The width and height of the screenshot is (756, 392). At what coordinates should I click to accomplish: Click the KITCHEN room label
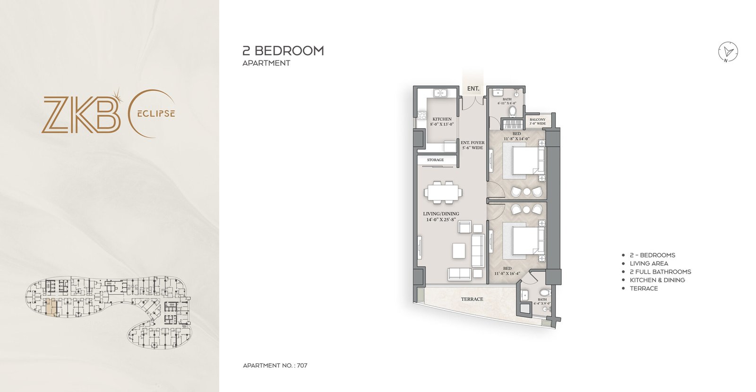coord(442,119)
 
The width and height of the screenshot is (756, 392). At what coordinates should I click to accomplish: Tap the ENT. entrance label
coord(473,88)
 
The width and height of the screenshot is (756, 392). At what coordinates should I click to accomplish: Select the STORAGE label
coord(435,160)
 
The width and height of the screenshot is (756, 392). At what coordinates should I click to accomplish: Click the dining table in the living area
coord(443,192)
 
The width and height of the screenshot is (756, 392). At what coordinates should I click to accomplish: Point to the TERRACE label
coord(472,299)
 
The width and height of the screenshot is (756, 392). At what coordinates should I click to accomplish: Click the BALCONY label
coord(537,120)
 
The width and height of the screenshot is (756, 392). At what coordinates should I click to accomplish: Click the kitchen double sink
coord(441,93)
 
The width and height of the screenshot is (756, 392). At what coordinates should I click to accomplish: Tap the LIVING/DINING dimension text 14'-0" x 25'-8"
coord(441,219)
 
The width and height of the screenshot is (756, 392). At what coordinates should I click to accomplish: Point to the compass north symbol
coord(728,51)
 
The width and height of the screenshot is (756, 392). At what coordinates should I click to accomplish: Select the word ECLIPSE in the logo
coord(156,114)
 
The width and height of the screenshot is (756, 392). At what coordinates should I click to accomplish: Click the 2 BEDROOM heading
coord(283,51)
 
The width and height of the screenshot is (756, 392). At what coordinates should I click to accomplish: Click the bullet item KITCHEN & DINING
coord(657,280)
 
